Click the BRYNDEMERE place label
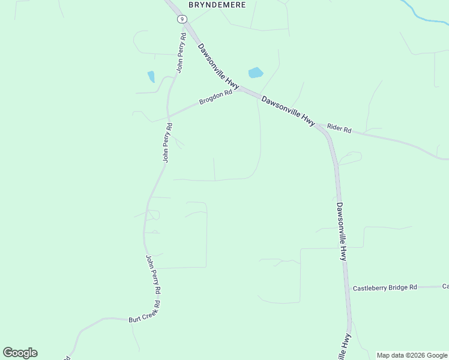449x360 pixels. tap(217, 4)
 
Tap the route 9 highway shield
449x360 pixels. tap(181, 19)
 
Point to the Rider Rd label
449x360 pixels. tap(339, 129)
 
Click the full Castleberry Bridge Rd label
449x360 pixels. tap(384, 288)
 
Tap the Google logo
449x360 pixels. tap(20, 353)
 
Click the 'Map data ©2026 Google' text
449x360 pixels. tap(412, 355)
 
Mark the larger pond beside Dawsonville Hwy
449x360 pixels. tap(256, 73)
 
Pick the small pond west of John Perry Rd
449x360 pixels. tap(151, 77)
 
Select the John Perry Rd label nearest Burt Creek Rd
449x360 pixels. tap(153, 275)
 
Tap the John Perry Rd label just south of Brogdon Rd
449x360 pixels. tap(167, 143)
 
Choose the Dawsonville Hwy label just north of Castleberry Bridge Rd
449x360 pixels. tap(341, 231)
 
